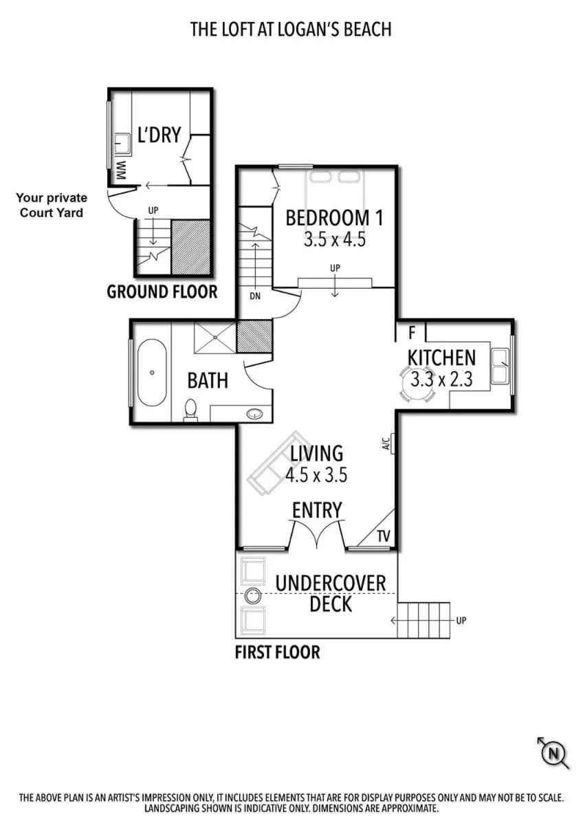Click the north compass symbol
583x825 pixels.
(x=553, y=753)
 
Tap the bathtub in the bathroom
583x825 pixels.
(x=151, y=373)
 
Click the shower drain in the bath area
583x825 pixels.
(x=217, y=337)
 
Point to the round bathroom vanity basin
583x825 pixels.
(x=254, y=414)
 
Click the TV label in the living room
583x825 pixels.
(x=383, y=536)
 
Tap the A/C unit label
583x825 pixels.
(x=386, y=444)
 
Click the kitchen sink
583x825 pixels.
(x=500, y=365)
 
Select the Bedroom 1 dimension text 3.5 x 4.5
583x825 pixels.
(x=333, y=240)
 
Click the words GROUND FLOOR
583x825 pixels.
(x=162, y=291)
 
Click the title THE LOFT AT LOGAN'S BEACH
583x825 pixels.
(x=291, y=29)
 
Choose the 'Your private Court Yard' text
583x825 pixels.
(x=52, y=206)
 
